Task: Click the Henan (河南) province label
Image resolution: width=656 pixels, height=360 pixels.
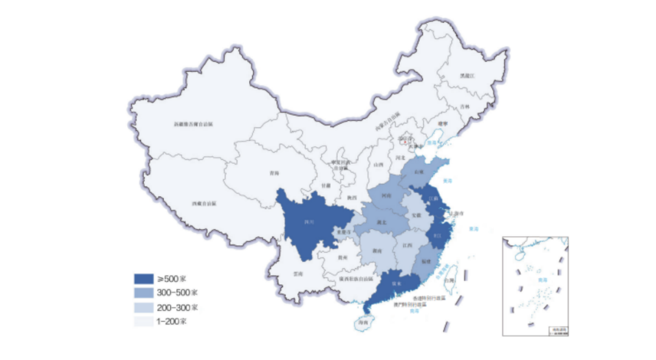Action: tap(387, 196)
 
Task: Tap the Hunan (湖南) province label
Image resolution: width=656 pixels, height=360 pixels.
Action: tap(377, 250)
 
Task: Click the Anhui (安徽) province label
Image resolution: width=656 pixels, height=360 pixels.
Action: tap(416, 215)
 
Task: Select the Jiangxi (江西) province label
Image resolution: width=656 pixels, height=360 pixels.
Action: tap(405, 246)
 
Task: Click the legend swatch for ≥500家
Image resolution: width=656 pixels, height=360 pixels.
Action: tap(143, 279)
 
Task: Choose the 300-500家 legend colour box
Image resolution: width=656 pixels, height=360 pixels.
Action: tap(143, 293)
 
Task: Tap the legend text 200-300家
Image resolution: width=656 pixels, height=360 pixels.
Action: tap(177, 307)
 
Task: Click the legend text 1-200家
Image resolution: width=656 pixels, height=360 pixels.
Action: tap(173, 321)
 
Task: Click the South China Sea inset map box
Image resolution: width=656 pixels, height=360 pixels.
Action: tap(535, 285)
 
